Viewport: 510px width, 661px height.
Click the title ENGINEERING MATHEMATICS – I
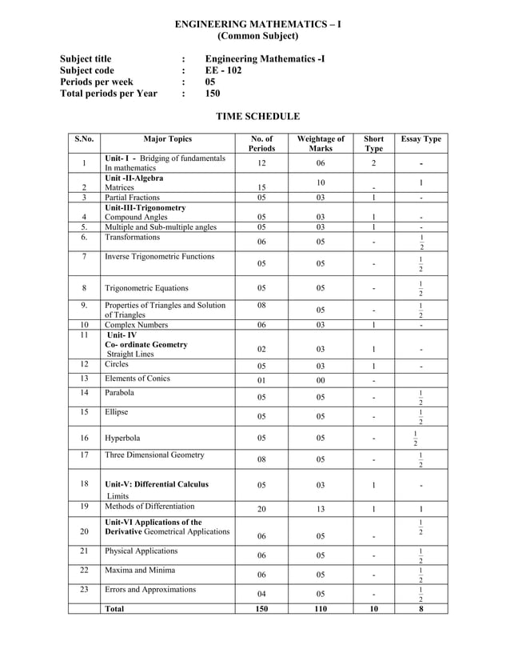(257, 24)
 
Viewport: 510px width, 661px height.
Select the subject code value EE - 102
(223, 70)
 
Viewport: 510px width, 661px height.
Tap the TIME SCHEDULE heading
(257, 117)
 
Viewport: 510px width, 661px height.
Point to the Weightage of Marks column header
(320, 143)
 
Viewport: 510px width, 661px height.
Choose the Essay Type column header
(420, 139)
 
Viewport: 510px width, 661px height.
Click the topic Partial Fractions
(132, 197)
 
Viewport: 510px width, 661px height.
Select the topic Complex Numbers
(136, 325)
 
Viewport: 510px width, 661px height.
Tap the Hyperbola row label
(126, 438)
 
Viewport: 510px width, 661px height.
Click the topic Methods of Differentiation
(149, 507)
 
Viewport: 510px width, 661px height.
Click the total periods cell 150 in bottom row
(261, 608)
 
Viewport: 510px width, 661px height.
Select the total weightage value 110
(320, 608)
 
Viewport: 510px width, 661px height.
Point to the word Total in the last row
(114, 608)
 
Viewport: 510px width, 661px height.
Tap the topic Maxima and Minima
(141, 571)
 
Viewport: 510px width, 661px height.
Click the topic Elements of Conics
(137, 379)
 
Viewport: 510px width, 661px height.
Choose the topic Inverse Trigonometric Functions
(159, 257)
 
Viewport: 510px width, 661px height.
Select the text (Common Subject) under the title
(257, 36)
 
